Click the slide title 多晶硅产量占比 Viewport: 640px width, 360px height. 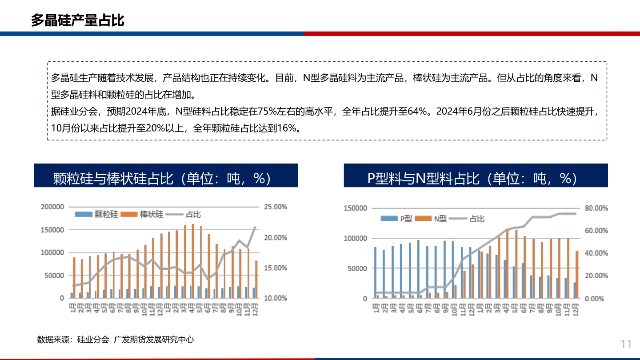pos(77,20)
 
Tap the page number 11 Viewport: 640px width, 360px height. pos(626,344)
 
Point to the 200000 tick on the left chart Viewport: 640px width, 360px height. pos(52,207)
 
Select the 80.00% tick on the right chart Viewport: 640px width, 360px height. pos(596,208)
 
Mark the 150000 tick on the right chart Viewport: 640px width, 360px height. pos(356,208)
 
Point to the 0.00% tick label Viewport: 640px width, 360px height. pos(594,299)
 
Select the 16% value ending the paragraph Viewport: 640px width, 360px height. pos(286,128)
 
